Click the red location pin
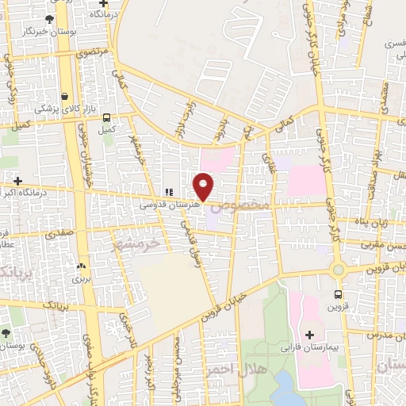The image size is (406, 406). tap(204, 186)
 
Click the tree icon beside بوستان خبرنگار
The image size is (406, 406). tap(49, 18)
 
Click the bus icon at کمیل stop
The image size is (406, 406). tap(107, 117)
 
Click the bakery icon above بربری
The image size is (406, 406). tap(82, 266)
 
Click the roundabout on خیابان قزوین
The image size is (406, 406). tap(339, 269)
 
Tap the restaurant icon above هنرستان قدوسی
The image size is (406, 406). tap(167, 192)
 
